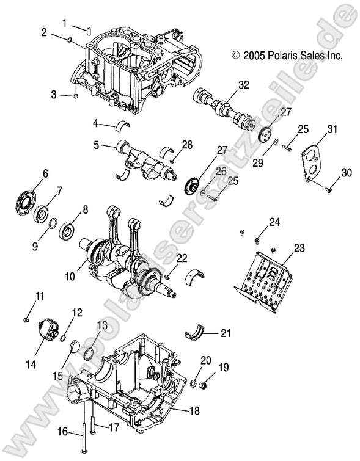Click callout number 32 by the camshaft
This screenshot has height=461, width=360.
point(244,85)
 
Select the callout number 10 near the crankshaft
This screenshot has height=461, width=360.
point(70,276)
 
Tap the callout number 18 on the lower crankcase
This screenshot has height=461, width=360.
point(194,411)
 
